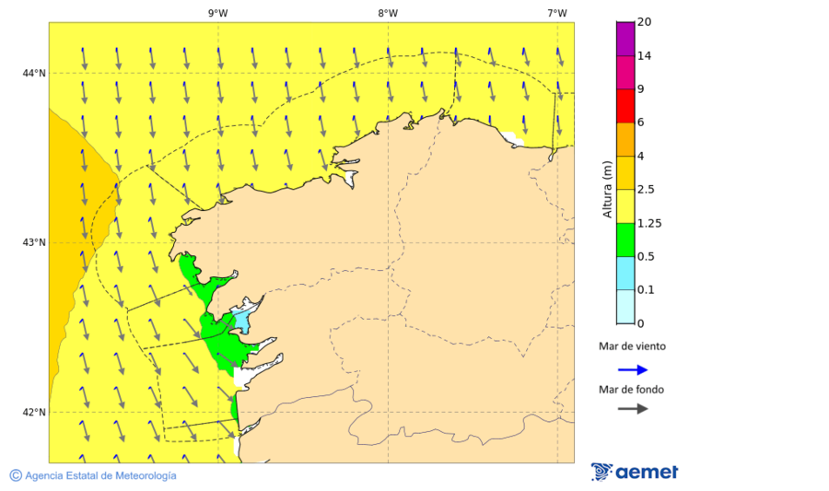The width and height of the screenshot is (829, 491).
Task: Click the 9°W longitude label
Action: (218, 13)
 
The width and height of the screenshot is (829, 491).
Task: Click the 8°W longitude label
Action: (388, 13)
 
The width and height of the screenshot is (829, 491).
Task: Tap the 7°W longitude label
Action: (556, 13)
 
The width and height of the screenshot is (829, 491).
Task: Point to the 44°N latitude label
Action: (34, 74)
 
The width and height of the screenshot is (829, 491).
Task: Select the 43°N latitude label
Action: (34, 242)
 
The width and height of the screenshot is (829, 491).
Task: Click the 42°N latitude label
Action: (34, 412)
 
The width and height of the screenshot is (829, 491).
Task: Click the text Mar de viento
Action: (631, 347)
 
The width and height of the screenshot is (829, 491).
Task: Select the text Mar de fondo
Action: (631, 389)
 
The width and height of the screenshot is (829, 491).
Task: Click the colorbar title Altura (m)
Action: (607, 189)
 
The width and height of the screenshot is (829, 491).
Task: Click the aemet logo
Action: (635, 472)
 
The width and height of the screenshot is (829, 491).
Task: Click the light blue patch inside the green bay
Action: (240, 321)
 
